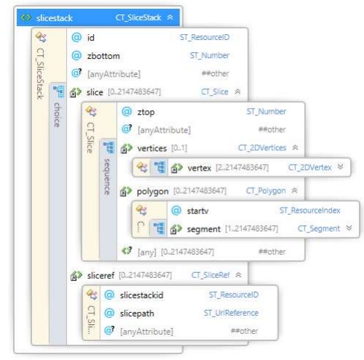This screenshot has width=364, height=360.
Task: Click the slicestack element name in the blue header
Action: click(x=54, y=18)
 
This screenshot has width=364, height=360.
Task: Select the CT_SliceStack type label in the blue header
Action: click(x=138, y=17)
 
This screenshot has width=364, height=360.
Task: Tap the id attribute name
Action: click(x=91, y=38)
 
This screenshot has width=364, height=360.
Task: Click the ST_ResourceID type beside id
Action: click(x=204, y=37)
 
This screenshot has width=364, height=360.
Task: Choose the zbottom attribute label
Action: click(x=103, y=56)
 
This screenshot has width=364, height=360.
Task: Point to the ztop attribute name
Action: click(x=146, y=112)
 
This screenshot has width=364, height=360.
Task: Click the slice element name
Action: click(x=94, y=92)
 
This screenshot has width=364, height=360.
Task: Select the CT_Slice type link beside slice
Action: click(x=214, y=92)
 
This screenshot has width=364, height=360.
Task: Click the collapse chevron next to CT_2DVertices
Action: click(x=295, y=147)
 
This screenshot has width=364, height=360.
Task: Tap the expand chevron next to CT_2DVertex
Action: click(x=340, y=167)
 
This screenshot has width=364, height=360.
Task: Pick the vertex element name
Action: click(x=199, y=168)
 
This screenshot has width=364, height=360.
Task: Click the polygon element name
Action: click(x=153, y=192)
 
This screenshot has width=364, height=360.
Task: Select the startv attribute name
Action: click(x=198, y=211)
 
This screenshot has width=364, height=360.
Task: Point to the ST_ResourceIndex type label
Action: click(x=310, y=210)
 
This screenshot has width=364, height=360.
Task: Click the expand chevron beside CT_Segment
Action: click(x=349, y=228)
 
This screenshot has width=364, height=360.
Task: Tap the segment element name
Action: click(x=203, y=229)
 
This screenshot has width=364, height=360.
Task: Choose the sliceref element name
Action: click(x=100, y=275)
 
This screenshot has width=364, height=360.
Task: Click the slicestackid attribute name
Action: click(x=142, y=295)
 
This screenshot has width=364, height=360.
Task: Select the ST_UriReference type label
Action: click(x=231, y=313)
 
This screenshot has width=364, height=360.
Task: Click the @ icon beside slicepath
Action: click(x=109, y=313)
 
